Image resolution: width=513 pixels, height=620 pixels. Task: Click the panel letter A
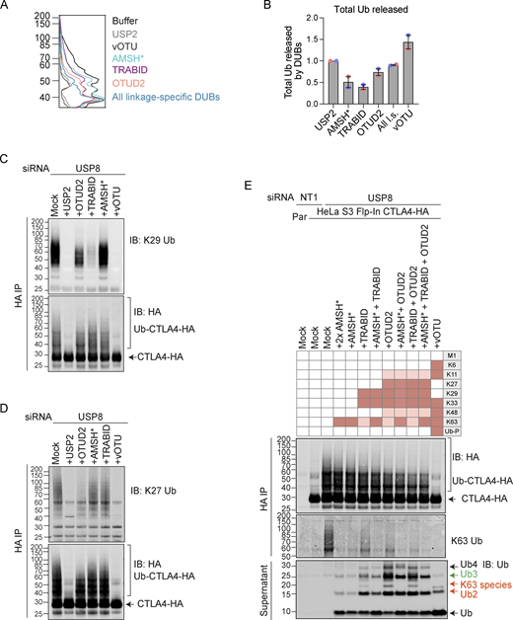pos(8,9)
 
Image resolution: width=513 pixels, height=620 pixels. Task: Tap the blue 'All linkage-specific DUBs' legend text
pos(175,99)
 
